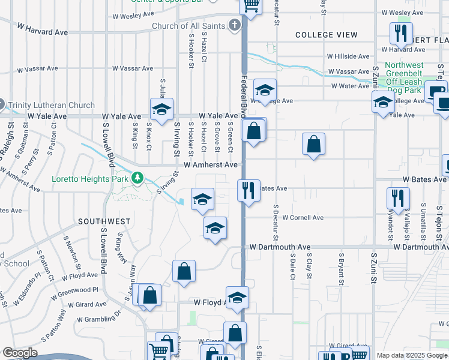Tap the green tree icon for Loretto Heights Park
click(x=137, y=178)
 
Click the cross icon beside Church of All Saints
click(x=234, y=26)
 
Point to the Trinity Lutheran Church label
click(x=52, y=105)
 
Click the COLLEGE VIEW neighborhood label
click(x=327, y=35)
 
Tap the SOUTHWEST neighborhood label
click(x=104, y=221)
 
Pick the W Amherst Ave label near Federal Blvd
click(x=211, y=164)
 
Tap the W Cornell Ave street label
click(x=303, y=217)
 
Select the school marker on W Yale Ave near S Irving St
click(x=161, y=109)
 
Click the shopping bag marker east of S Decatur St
click(x=313, y=144)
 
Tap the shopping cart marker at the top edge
click(x=251, y=5)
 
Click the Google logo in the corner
click(x=20, y=353)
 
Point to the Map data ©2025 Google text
click(x=411, y=355)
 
